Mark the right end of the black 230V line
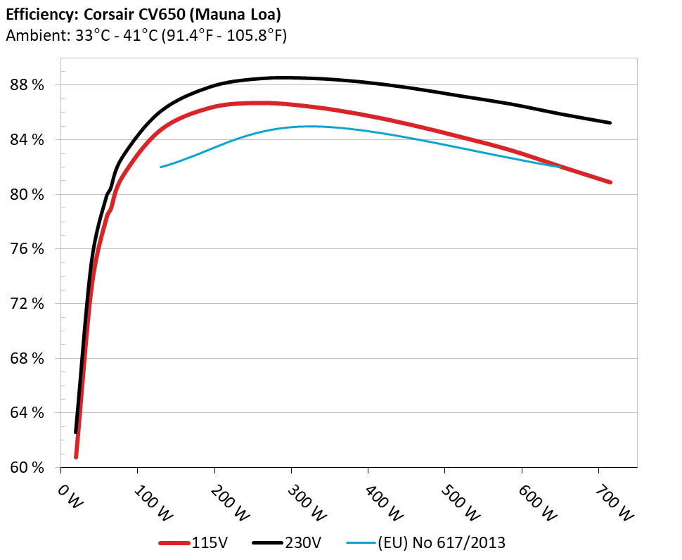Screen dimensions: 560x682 click(610, 123)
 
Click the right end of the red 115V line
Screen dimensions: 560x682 click(610, 182)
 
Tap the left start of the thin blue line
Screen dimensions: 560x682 click(161, 167)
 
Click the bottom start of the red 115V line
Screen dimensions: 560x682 click(76, 457)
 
